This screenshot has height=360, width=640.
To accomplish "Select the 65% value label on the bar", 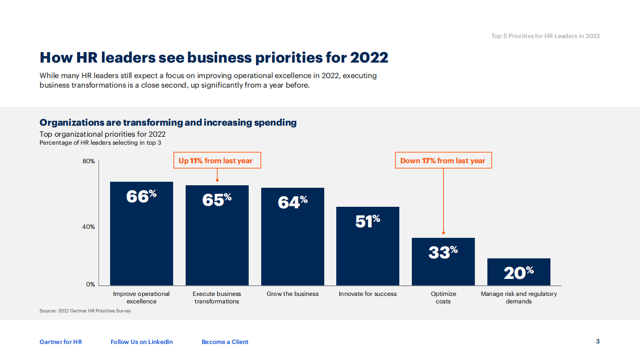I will [217, 199].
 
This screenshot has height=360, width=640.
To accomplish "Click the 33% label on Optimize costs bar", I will [443, 252].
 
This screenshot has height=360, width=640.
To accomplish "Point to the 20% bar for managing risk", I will [519, 272].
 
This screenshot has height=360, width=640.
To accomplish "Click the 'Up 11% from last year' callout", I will [216, 161].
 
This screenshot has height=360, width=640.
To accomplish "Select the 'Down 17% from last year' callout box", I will [443, 161].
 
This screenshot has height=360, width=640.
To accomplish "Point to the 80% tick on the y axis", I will [89, 161].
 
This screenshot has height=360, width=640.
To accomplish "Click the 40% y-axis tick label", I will [89, 227].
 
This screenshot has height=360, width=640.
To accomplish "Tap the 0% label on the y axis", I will [90, 284].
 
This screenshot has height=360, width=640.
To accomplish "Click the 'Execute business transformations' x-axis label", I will [217, 297].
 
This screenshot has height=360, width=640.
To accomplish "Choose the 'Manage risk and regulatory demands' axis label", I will [519, 297].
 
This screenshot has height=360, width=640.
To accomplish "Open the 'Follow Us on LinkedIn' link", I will [142, 342].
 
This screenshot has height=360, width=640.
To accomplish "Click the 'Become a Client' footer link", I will [225, 342].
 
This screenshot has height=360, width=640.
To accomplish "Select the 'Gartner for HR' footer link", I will [61, 342].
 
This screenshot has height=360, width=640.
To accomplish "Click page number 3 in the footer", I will [597, 341].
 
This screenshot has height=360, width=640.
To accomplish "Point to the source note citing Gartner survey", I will [85, 311].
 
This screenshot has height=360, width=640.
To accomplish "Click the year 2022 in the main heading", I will [369, 58].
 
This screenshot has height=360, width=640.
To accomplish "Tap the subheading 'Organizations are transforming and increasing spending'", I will [168, 123].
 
